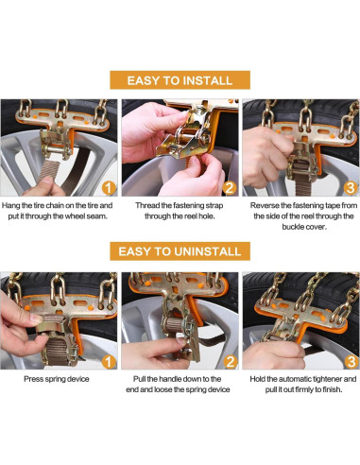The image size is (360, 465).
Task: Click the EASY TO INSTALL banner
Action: coord(180,80)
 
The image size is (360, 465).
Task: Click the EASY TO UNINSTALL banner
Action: coord(180,251)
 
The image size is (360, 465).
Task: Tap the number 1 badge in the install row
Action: coord(109,188)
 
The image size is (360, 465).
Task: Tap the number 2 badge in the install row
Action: coord(230,188)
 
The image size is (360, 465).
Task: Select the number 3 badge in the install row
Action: coord(351,188)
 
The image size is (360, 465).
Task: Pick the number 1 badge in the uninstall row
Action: coord(109,362)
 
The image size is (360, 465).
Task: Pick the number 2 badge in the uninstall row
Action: coord(231,362)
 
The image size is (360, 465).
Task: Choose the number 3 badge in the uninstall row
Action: coord(351,362)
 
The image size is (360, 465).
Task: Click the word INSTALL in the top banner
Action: coord(208,80)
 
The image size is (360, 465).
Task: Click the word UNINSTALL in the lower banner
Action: coord(208,251)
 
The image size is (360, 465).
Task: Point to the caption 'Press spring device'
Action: coord(57,379)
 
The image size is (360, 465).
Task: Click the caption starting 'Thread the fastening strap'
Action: coord(180,211)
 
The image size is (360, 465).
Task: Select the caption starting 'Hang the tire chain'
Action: coord(57,211)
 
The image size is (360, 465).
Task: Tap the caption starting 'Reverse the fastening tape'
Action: coord(303,216)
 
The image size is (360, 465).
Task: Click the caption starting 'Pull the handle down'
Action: coord(178,384)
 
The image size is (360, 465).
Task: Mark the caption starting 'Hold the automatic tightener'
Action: coord(303,384)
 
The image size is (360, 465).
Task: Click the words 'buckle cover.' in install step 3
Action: coord(303,227)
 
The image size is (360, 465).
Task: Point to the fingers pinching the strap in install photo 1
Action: coord(44,186)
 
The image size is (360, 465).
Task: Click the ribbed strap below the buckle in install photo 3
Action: coord(304,182)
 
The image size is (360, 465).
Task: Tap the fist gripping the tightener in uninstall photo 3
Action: coord(273,354)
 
